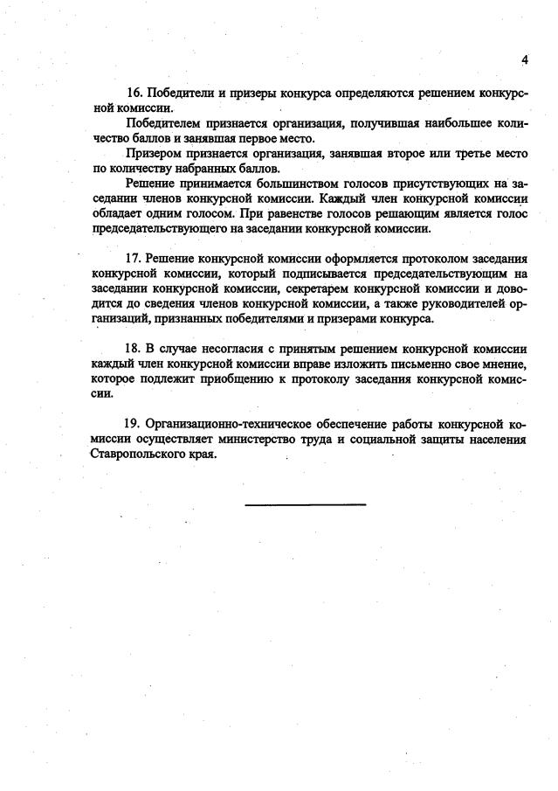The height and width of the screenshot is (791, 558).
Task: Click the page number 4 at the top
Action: pos(525,60)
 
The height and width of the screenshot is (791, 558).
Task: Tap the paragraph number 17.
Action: pos(134,259)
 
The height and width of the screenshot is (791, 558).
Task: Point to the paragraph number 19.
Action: pos(134,424)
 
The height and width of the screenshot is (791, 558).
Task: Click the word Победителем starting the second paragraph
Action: pos(164,123)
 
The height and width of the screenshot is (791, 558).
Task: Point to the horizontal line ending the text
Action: pos(305,504)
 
